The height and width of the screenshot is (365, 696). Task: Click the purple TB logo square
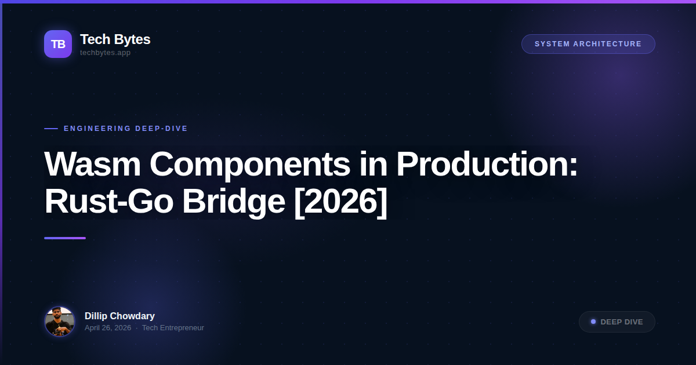pyautogui.click(x=58, y=44)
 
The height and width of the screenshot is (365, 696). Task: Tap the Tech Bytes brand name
pyautogui.click(x=115, y=39)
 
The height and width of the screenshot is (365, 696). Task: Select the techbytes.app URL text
pyautogui.click(x=105, y=53)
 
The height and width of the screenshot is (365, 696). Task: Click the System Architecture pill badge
pyautogui.click(x=588, y=44)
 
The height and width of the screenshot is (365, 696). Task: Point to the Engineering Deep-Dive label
pyautogui.click(x=126, y=129)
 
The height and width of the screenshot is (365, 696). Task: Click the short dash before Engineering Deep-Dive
pyautogui.click(x=51, y=129)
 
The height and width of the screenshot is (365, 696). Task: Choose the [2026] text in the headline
pyautogui.click(x=340, y=202)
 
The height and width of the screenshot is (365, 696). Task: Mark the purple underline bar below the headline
pyautogui.click(x=65, y=238)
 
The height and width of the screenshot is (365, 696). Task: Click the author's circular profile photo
pyautogui.click(x=60, y=322)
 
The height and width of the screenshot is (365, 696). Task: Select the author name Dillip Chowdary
pyautogui.click(x=119, y=316)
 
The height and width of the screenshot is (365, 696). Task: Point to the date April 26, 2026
pyautogui.click(x=108, y=328)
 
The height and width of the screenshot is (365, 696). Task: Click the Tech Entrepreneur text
pyautogui.click(x=173, y=328)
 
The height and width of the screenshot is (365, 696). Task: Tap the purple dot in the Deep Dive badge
pyautogui.click(x=593, y=322)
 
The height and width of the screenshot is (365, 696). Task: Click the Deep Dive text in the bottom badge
pyautogui.click(x=622, y=322)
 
